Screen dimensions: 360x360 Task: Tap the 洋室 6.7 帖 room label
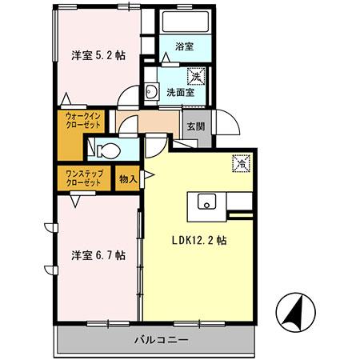click(x=97, y=255)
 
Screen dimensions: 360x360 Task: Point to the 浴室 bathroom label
click(x=182, y=47)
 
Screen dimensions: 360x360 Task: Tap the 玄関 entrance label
click(x=195, y=126)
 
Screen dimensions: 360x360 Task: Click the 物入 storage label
click(x=128, y=176)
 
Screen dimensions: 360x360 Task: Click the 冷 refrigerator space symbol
click(x=239, y=162)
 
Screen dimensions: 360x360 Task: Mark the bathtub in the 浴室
click(x=182, y=22)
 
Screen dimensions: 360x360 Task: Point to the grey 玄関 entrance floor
click(x=195, y=136)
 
